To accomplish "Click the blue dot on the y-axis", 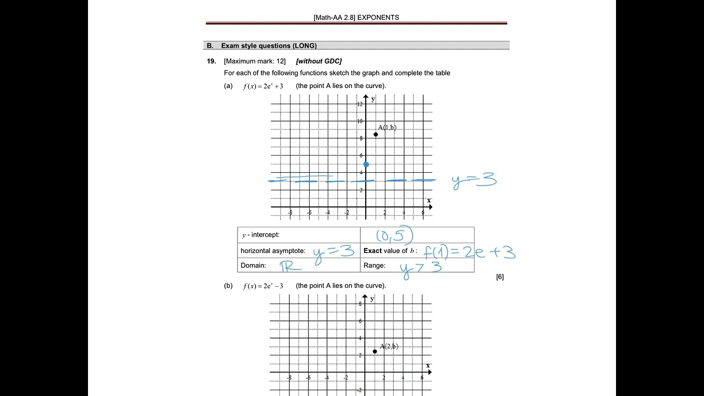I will (x=366, y=164).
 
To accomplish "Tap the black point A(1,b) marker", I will (x=376, y=134).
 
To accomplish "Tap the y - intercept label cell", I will (x=261, y=235).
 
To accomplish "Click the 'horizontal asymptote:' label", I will (x=273, y=251).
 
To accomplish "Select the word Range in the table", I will (x=374, y=266).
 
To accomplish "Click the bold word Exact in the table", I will (x=372, y=251).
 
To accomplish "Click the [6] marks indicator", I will (x=499, y=277).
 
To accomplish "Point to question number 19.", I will (x=212, y=61).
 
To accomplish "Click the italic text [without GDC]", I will (x=318, y=61).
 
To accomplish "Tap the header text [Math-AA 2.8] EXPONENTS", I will (x=356, y=18).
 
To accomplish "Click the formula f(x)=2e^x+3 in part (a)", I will (x=263, y=86).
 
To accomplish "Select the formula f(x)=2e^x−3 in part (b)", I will (x=263, y=286).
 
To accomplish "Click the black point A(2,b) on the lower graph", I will (x=375, y=351).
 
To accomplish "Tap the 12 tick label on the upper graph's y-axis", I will (x=359, y=104).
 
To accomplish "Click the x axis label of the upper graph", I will (x=429, y=200).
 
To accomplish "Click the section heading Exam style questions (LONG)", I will (x=268, y=46).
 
